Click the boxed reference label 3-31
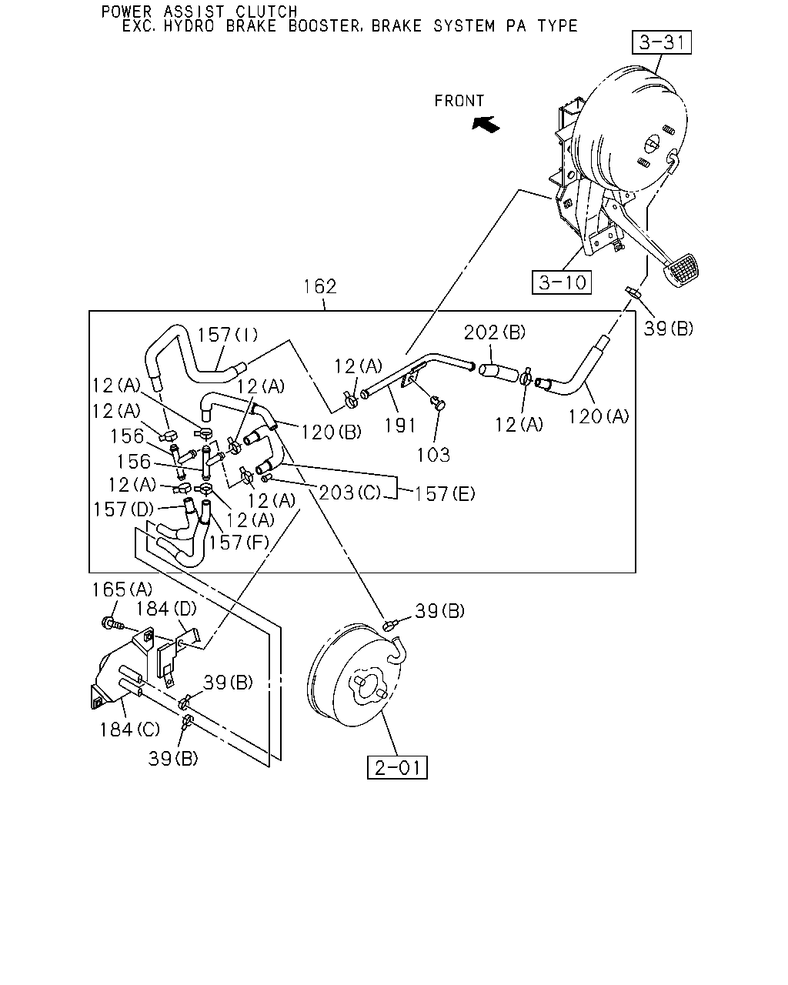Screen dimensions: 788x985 coord(661,42)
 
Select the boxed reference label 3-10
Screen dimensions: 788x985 coord(561,282)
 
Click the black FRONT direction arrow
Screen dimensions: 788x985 coord(486,124)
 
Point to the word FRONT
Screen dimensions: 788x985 coord(459,101)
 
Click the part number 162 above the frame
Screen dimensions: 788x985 coord(320,286)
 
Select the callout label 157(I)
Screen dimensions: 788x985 coord(228,335)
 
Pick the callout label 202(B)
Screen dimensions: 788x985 coord(495,332)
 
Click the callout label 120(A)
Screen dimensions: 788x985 coord(599,416)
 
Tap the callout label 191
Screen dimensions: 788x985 coord(400,426)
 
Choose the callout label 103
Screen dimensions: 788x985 coord(433,455)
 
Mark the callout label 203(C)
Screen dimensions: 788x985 coord(350,492)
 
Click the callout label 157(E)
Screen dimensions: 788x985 coord(445,494)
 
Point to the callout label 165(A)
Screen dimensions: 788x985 coord(122,589)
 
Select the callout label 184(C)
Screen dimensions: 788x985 coord(130,730)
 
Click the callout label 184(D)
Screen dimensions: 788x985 coord(166,609)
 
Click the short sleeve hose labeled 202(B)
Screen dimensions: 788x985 coord(499,372)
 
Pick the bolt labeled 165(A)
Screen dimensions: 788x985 coord(112,623)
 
